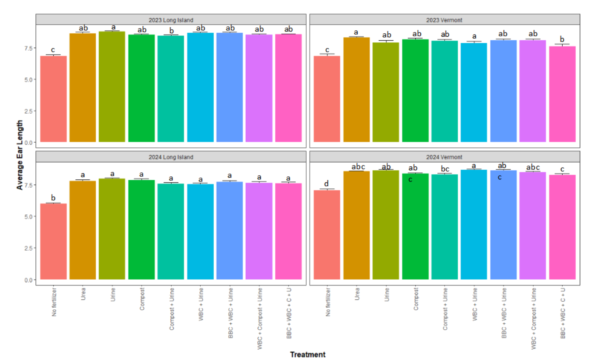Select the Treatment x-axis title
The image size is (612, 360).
(307, 355)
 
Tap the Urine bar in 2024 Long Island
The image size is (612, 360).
(112, 229)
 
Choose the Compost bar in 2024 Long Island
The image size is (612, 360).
(141, 229)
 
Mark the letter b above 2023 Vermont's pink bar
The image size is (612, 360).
(562, 39)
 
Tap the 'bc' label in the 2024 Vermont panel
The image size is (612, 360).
(445, 168)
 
